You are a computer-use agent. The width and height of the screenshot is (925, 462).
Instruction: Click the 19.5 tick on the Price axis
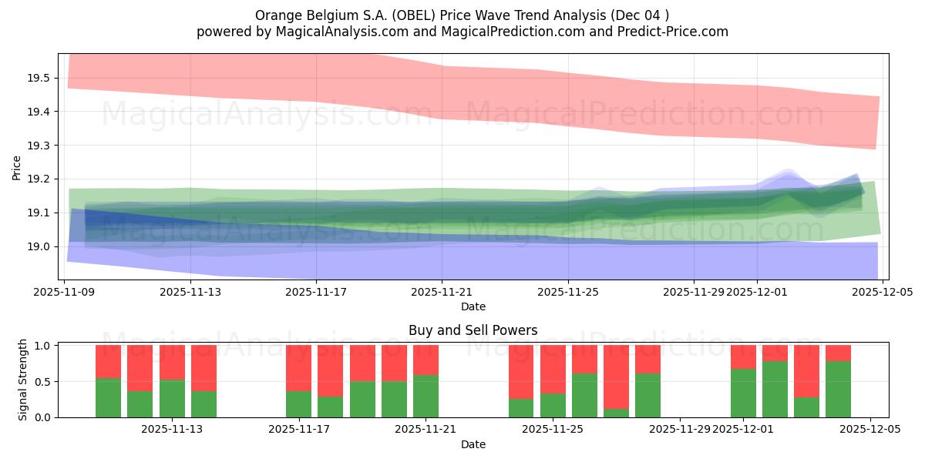(x=39, y=78)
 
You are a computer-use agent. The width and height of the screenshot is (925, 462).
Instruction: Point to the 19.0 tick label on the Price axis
(x=39, y=246)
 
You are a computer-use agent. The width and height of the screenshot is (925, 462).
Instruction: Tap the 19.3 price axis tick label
(x=39, y=146)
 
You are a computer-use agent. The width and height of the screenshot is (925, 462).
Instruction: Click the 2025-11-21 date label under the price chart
(x=442, y=293)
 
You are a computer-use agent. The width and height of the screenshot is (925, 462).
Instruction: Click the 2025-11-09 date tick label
(x=65, y=293)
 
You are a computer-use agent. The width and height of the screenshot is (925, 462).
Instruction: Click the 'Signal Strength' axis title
(x=23, y=380)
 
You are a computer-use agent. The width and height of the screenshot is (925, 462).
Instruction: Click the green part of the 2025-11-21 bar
(x=425, y=397)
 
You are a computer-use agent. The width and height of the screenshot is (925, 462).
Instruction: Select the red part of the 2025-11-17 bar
(x=298, y=368)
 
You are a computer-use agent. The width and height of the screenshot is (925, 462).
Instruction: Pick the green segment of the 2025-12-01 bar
(x=743, y=393)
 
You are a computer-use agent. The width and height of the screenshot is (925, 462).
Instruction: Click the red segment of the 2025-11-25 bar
(x=553, y=369)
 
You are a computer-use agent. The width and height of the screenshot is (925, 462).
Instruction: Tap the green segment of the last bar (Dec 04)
(x=838, y=390)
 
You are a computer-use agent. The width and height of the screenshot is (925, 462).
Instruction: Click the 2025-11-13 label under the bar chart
(x=172, y=430)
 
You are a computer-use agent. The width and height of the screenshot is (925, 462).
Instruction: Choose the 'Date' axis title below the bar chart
(x=473, y=445)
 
